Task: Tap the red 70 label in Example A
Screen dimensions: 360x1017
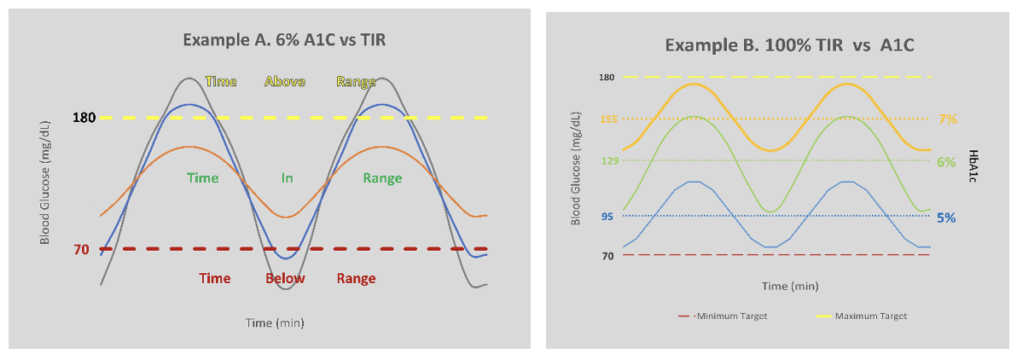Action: pos(81,250)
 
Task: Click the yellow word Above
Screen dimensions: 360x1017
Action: pos(285,82)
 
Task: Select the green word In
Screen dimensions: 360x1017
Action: pos(288,178)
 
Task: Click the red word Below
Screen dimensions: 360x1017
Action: pos(285,279)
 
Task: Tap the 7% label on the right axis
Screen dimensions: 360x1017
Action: pos(947,119)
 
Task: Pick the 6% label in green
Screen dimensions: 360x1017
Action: pos(946,161)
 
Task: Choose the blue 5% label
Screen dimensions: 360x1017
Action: pos(946,217)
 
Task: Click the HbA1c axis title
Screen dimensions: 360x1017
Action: pos(973,167)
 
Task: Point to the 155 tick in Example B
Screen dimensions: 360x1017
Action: pos(607,119)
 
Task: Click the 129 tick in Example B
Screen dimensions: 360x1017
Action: pos(607,161)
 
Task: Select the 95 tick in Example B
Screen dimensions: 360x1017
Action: pos(607,217)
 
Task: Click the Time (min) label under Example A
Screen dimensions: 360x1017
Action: pos(275,322)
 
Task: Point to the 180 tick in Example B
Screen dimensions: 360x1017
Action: pos(607,78)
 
